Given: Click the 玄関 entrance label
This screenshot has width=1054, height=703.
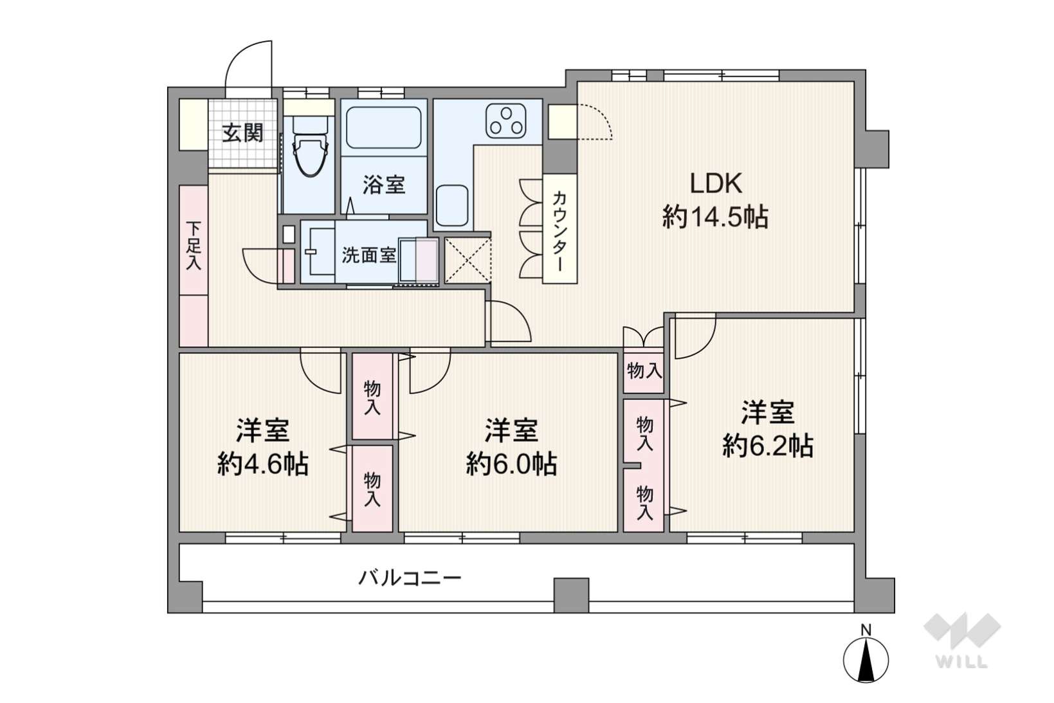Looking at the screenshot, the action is coord(242,133).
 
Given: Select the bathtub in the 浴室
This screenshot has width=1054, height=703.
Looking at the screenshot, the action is coord(384,127).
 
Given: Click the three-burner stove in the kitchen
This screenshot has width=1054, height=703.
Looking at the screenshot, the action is coord(506,121).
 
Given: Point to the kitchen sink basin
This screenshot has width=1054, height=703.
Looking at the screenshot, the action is coord(451,205).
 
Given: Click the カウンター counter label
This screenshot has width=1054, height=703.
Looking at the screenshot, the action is coord(559,230).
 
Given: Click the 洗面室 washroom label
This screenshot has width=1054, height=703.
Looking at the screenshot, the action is coord(368,255).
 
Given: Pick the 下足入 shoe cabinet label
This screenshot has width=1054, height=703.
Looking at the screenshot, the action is coord(194,246).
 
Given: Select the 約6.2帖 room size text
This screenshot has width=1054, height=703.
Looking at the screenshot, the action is coord(768,446).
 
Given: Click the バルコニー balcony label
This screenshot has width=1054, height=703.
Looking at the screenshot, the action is coord(410,578).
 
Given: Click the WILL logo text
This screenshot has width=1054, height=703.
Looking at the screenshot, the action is coord(962,662).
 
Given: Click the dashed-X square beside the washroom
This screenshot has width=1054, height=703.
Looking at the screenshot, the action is coord(468,260).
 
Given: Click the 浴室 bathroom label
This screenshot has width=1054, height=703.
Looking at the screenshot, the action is coord(384,185).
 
